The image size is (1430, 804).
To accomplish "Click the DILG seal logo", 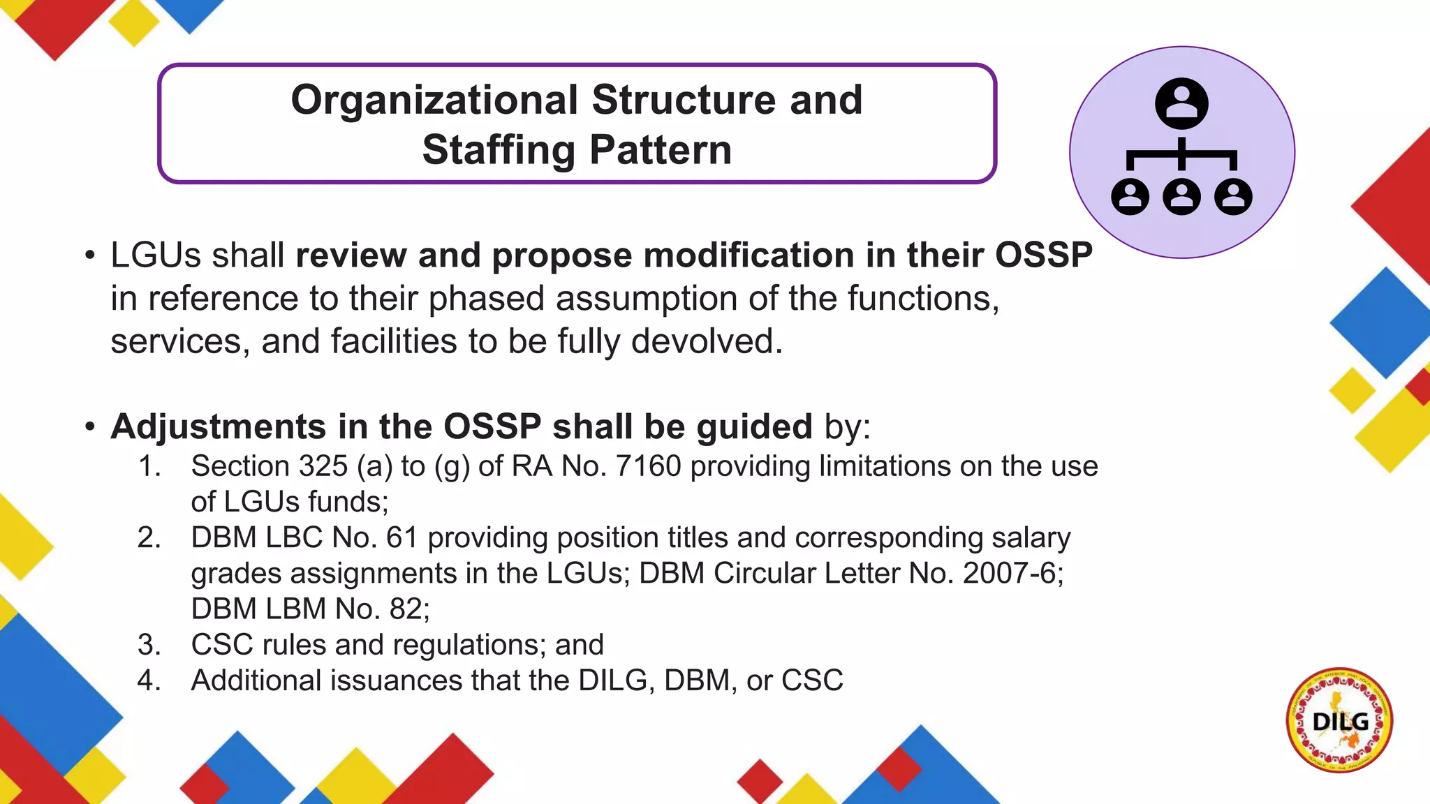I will point(1339,720).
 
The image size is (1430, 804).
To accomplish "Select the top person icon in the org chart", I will point(1181,103).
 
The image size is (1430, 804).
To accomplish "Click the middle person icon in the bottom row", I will point(1181,197).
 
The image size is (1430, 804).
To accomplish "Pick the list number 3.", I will point(148,645).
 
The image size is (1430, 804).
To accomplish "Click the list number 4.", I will point(148,680).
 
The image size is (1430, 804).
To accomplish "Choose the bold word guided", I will point(754,427).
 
